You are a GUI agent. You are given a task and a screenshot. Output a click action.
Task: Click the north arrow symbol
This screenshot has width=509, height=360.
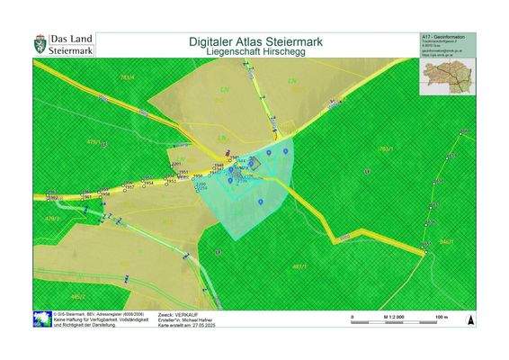(x=469, y=319)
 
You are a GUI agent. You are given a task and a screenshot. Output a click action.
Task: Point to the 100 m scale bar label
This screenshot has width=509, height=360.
(x=441, y=318)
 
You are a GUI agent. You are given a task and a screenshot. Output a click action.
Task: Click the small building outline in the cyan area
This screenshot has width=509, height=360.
(x=253, y=164)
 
